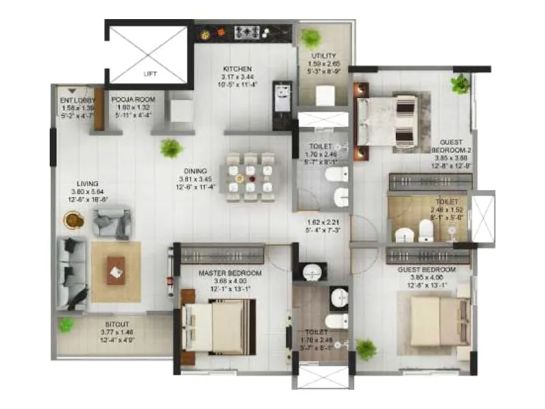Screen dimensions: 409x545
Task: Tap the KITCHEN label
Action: (x=238, y=69)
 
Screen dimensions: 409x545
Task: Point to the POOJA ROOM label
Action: (x=134, y=100)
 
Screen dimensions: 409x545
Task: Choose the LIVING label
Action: (x=88, y=184)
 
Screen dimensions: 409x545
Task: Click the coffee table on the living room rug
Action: (x=116, y=270)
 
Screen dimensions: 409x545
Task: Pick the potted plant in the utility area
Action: (x=312, y=37)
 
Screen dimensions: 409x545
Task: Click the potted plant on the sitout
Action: (x=65, y=325)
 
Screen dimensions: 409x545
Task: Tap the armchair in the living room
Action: (x=111, y=222)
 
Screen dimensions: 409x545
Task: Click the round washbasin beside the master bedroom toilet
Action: (x=312, y=272)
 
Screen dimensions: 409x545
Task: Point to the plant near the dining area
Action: (x=170, y=147)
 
